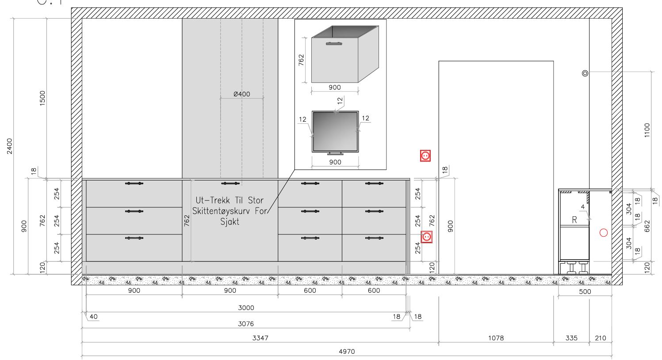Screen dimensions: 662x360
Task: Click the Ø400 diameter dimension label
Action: (x=242, y=94)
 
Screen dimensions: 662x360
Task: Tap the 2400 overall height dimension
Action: (x=10, y=146)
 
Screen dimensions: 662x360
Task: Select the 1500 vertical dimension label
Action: (x=42, y=98)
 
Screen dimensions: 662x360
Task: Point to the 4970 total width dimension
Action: (x=347, y=352)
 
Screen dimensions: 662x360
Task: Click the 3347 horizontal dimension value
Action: (x=260, y=338)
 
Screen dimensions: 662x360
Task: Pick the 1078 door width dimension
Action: (x=496, y=338)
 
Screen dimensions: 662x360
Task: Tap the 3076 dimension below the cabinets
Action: (x=246, y=324)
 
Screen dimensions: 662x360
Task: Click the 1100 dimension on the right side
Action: (x=647, y=130)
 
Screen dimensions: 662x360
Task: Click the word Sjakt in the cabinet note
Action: (x=230, y=222)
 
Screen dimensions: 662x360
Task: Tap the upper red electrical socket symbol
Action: (x=425, y=156)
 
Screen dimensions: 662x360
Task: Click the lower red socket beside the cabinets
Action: (x=426, y=237)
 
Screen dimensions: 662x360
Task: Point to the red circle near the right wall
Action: (x=604, y=233)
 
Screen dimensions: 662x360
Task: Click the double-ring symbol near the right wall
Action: (x=585, y=73)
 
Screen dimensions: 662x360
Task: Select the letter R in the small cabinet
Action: (x=574, y=220)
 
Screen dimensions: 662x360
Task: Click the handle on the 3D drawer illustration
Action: (x=334, y=44)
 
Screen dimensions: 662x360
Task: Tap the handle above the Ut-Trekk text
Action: (x=230, y=184)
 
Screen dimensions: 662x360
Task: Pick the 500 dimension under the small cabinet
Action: (x=585, y=292)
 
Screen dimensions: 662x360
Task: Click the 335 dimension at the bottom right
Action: (x=571, y=338)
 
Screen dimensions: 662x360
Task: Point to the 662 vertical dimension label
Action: (x=647, y=226)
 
